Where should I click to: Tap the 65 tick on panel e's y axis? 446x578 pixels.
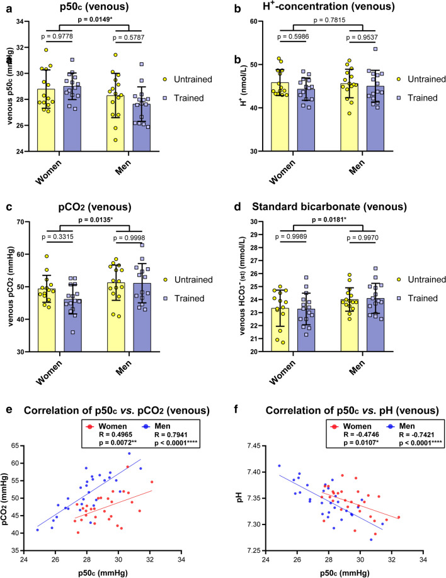tap(33, 445)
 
